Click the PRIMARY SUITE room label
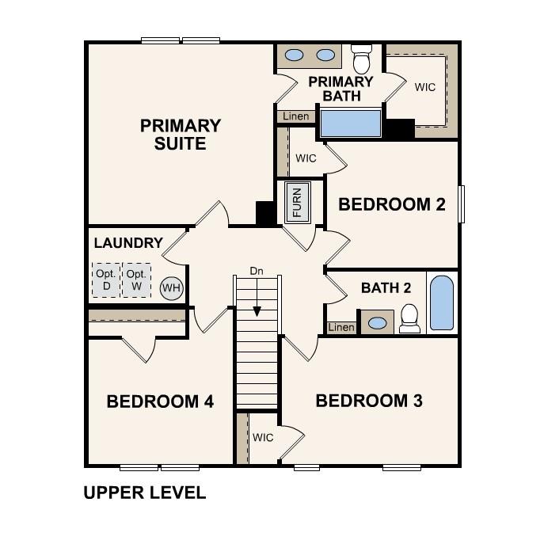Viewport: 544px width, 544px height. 180,135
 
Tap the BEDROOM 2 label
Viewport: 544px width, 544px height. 392,204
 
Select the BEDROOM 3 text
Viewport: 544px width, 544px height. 369,401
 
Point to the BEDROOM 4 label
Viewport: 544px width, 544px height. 160,401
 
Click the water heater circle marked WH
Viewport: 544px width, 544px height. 171,287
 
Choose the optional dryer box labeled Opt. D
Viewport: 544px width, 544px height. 105,280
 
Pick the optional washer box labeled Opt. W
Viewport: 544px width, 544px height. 136,280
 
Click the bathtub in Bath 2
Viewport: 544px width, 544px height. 441,302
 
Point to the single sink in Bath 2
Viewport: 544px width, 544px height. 378,323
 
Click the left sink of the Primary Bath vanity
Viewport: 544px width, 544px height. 295,55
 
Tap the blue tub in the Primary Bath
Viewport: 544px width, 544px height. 350,124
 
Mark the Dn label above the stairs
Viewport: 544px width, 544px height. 257,271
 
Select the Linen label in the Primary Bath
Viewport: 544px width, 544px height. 296,116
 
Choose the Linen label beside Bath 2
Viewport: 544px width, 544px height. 341,327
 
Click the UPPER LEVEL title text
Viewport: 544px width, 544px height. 144,493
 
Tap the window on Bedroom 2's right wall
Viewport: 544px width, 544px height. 461,205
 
